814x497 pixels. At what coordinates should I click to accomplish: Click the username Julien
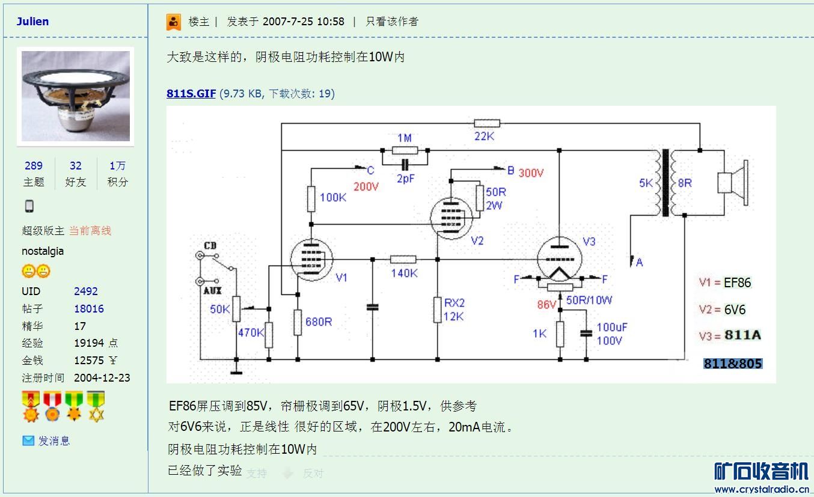32,22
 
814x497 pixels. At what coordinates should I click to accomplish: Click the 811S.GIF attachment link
191,94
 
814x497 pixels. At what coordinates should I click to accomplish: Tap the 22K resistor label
484,136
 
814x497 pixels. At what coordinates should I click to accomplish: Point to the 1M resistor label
405,138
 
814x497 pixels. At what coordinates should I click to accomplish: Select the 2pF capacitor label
406,178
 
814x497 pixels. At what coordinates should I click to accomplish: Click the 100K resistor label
332,197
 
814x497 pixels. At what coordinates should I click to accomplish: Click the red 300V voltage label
531,173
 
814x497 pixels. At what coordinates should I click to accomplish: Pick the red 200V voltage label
366,187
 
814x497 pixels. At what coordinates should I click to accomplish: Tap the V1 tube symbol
311,260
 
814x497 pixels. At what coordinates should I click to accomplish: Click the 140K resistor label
404,273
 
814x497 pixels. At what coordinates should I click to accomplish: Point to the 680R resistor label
319,322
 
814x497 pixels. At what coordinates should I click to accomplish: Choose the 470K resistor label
251,332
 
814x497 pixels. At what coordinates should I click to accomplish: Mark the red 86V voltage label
546,305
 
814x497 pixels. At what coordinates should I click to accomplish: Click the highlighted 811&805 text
733,364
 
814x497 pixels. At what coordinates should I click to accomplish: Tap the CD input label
210,246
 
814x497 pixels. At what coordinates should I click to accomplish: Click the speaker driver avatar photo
76,96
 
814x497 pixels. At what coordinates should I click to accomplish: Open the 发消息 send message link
54,441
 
